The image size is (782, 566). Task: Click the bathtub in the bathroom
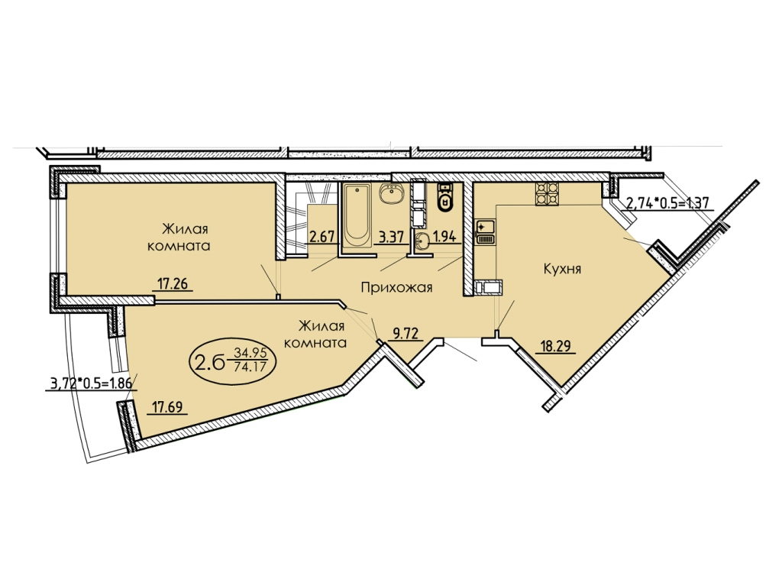click(357, 215)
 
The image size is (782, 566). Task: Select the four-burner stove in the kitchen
click(547, 194)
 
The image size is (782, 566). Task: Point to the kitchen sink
click(485, 232)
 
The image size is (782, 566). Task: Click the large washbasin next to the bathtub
click(392, 194)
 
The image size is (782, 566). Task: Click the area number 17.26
click(172, 284)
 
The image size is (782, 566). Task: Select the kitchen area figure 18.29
click(556, 346)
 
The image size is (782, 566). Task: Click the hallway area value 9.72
click(405, 334)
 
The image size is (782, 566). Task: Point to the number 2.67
click(322, 236)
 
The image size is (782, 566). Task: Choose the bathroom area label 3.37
click(392, 236)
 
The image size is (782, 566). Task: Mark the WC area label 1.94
click(444, 236)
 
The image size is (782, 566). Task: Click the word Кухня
click(562, 270)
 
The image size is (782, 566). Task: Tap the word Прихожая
click(396, 288)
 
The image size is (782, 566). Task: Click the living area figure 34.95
click(251, 354)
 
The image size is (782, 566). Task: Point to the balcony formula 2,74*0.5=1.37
click(667, 203)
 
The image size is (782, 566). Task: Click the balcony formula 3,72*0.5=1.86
click(91, 384)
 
